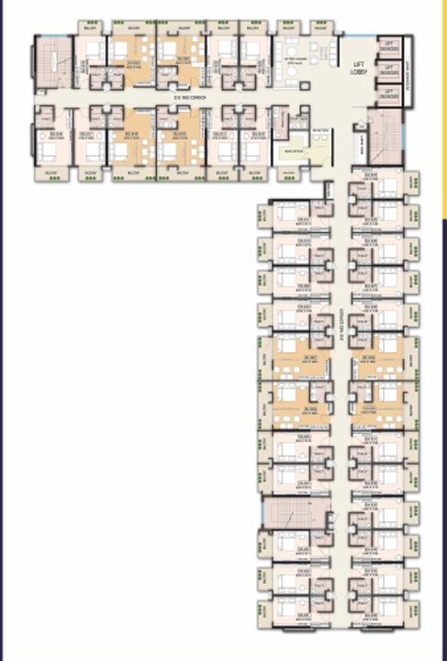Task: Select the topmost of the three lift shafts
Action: tap(390, 48)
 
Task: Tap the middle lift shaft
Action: tap(390, 71)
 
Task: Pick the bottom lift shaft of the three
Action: tap(390, 93)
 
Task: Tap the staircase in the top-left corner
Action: tap(44, 63)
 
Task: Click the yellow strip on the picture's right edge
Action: tap(444, 110)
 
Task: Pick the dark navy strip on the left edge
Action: tap(3, 330)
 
